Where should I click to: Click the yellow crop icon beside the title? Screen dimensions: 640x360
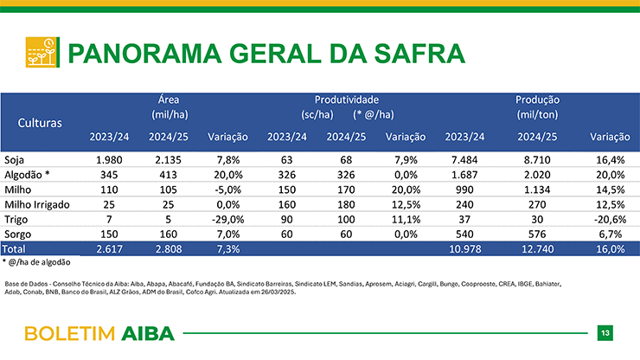(x=42, y=52)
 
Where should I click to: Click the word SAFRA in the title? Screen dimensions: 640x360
(x=419, y=54)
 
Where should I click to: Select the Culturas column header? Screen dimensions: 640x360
(x=40, y=123)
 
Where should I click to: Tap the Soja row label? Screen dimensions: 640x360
(x=15, y=160)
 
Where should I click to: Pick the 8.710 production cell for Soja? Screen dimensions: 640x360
(x=537, y=160)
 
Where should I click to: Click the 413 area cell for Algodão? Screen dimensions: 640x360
(x=168, y=175)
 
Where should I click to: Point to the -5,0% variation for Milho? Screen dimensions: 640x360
(x=227, y=190)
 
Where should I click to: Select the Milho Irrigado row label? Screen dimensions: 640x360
(x=37, y=204)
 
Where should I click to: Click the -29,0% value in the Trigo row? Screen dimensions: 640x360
(x=227, y=220)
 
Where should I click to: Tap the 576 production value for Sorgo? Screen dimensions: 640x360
(x=537, y=235)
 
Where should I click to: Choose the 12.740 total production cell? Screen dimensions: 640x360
(x=538, y=249)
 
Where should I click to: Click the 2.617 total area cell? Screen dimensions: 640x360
(x=109, y=249)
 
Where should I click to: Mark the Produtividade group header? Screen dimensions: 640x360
(x=347, y=100)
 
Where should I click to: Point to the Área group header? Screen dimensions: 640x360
(x=169, y=100)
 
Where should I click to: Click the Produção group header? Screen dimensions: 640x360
(x=537, y=100)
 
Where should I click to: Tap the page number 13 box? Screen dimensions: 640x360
(x=605, y=333)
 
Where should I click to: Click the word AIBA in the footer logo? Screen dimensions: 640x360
(x=148, y=334)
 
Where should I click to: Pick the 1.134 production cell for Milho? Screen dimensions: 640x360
(x=537, y=190)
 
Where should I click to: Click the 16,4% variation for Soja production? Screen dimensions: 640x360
(x=611, y=160)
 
